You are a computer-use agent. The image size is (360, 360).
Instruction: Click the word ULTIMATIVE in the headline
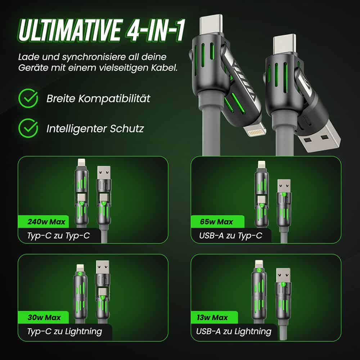point(69,30)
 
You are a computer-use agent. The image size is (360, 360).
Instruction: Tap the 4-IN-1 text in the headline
point(155,30)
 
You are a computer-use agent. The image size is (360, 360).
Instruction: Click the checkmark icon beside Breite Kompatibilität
point(28,98)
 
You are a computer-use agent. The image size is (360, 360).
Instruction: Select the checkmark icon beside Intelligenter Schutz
point(28,128)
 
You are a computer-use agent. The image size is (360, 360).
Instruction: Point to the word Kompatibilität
point(114,99)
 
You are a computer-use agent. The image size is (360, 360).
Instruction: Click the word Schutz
point(127,129)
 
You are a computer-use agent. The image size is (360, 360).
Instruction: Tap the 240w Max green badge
point(44,222)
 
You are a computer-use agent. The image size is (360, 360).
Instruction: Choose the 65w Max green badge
point(217,222)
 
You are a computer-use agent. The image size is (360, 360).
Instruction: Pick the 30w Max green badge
point(44,318)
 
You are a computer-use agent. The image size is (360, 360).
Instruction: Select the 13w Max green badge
point(214,318)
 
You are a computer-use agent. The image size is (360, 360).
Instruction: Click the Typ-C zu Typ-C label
point(59,235)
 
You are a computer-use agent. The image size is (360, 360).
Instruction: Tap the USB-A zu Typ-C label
point(230,235)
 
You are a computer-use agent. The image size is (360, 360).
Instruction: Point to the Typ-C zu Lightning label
point(64,332)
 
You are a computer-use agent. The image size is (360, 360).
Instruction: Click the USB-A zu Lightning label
point(234,332)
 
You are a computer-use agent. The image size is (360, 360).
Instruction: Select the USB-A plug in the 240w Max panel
point(104,173)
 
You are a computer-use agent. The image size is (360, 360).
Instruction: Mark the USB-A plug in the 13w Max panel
point(283,275)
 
